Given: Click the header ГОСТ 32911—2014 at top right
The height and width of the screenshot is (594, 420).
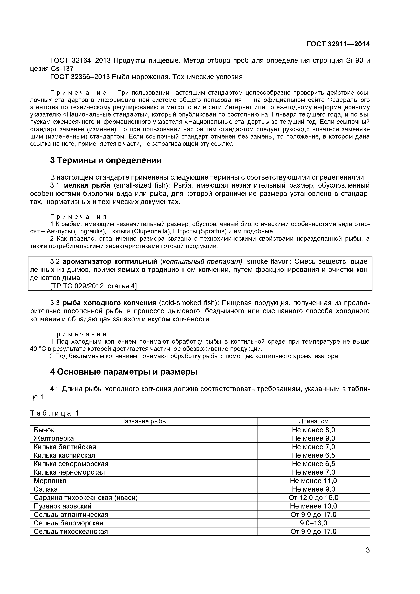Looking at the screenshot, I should click(x=338, y=44).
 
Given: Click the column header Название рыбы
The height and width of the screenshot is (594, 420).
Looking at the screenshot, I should click(x=144, y=421).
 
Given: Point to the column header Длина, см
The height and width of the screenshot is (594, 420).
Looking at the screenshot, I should click(x=314, y=421).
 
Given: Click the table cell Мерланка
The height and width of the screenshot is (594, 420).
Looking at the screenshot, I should click(x=50, y=481).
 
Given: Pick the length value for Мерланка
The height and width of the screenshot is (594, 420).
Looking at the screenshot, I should click(x=314, y=481).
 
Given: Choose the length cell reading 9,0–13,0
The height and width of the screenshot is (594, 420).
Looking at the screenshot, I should click(x=314, y=523).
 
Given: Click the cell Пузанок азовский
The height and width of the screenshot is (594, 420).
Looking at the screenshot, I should click(x=63, y=506).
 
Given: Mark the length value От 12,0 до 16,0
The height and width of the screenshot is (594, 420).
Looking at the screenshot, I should click(x=314, y=498).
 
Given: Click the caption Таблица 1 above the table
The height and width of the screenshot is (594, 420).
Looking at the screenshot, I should click(x=55, y=413).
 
